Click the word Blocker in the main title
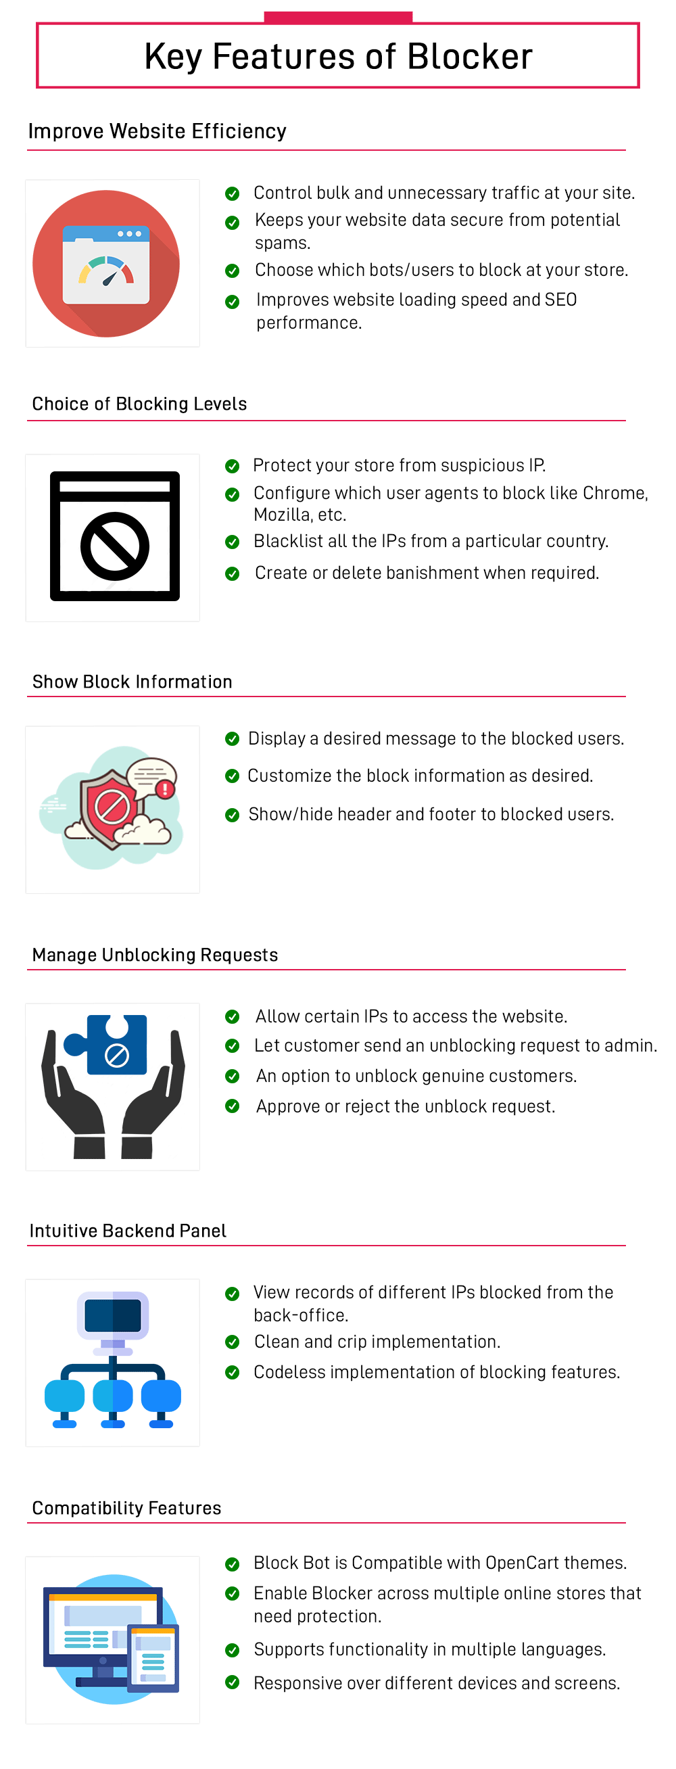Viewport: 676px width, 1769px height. (469, 56)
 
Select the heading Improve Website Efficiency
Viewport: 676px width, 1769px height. (157, 131)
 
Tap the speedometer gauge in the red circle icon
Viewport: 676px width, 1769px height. (106, 270)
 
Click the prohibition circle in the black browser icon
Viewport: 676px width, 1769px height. (115, 546)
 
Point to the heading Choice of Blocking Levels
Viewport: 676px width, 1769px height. (139, 404)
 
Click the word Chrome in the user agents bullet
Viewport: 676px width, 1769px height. (616, 493)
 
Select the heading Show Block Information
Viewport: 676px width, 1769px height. (132, 682)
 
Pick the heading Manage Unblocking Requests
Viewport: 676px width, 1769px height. (155, 956)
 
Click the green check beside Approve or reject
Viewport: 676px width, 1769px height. (233, 1106)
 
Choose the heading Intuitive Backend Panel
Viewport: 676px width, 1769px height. (128, 1231)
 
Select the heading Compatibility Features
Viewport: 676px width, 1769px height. (127, 1508)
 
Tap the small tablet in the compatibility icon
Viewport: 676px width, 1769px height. (153, 1658)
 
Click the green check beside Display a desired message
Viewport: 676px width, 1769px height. (233, 739)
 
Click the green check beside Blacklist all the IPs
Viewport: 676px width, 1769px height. (233, 542)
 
